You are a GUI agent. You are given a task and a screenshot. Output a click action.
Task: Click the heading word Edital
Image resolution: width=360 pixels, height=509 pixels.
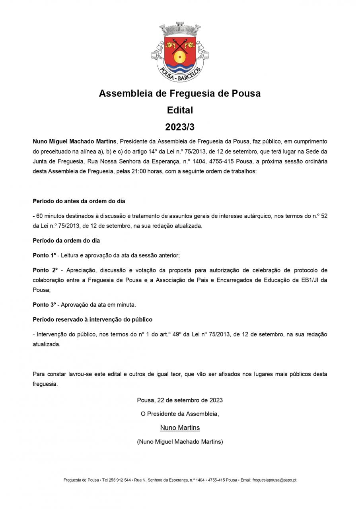180,110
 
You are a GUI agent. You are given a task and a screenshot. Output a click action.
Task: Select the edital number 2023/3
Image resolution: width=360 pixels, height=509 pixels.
180,127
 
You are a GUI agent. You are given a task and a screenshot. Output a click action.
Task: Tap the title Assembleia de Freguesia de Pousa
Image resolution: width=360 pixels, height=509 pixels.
180,93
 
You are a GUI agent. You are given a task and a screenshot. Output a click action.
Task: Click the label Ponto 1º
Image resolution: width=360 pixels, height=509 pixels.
44,255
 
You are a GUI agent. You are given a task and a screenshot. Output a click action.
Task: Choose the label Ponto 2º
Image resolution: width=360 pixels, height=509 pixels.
45,270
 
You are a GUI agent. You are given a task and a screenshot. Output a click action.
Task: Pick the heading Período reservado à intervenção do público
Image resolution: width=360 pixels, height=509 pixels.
92,319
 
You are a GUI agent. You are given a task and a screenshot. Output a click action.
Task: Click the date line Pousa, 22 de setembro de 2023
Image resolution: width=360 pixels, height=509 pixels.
180,400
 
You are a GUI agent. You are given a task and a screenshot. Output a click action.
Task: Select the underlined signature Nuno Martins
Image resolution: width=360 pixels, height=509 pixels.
180,428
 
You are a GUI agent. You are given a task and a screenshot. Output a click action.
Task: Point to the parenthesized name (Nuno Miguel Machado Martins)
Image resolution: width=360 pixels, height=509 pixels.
180,441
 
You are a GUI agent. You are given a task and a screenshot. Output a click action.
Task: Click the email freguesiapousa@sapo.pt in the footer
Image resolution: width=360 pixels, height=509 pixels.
274,480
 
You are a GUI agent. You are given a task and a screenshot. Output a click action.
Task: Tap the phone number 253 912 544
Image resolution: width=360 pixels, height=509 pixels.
120,480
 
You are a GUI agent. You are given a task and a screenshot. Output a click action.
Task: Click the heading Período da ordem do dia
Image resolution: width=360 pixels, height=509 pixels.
66,241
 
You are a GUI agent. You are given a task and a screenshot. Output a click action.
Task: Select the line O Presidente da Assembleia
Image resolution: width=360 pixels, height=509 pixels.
180,414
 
